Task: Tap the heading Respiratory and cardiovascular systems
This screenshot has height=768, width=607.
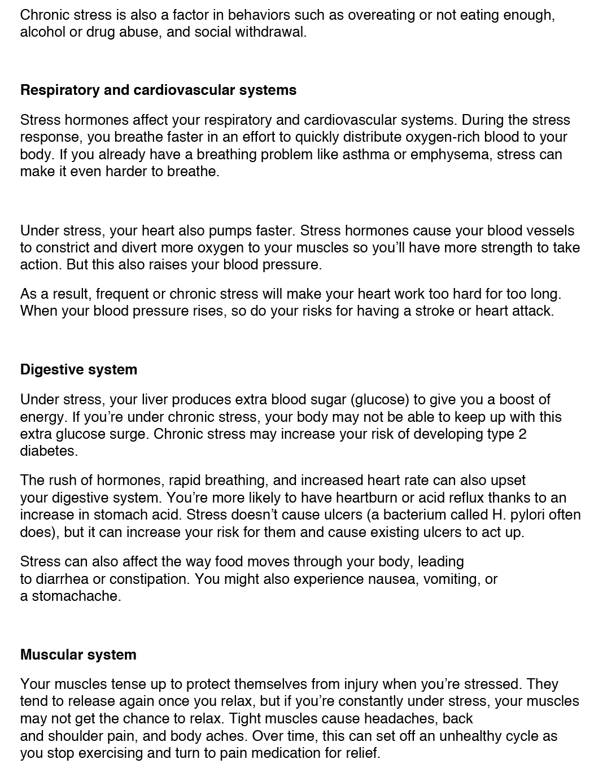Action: coord(158,90)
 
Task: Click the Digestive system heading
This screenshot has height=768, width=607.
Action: coord(78,370)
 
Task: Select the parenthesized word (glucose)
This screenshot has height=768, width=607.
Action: coord(380,400)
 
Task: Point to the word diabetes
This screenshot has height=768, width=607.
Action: coord(48,451)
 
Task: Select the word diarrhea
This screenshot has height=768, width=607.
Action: coord(63,579)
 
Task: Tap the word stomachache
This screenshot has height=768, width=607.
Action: coord(76,596)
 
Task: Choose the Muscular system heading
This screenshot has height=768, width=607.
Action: coord(78,655)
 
